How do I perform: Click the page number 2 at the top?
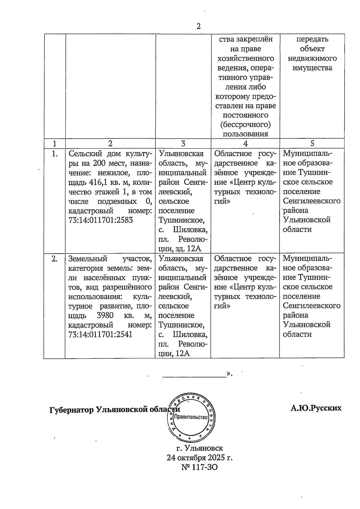tap(198, 26)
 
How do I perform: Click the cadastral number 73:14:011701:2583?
tap(101, 220)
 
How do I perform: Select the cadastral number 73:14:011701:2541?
tap(100, 334)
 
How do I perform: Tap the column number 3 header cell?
tap(183, 144)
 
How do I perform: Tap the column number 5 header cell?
tap(312, 144)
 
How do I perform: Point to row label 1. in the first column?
tap(55, 154)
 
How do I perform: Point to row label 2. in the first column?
tap(54, 259)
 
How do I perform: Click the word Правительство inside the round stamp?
tap(191, 417)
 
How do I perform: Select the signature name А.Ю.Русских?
tap(316, 408)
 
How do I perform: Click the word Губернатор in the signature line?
tap(71, 410)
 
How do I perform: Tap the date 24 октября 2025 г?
tap(200, 458)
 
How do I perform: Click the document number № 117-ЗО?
tap(199, 467)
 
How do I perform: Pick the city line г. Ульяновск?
tap(200, 448)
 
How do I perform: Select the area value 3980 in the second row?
tap(105, 315)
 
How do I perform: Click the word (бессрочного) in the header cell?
tap(245, 125)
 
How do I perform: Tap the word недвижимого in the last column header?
tap(312, 58)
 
